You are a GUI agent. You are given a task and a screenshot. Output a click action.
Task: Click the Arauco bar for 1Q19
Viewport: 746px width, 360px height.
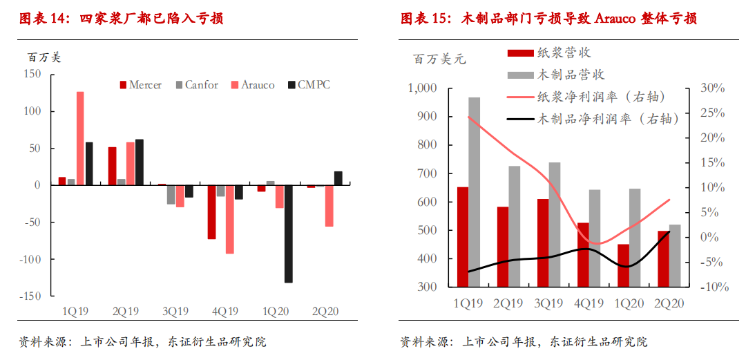[x=80, y=138]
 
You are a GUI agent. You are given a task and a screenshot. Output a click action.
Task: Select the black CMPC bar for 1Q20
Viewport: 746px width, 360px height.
[x=288, y=234]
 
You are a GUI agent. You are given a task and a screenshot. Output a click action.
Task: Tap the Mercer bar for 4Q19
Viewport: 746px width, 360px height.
[x=212, y=212]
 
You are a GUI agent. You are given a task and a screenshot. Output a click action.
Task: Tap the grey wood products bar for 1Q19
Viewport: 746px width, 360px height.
[x=475, y=192]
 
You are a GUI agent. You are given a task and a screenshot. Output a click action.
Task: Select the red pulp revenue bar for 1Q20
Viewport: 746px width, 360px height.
[x=624, y=265]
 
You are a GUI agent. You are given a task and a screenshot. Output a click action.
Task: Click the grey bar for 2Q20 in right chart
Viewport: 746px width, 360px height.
[x=675, y=256]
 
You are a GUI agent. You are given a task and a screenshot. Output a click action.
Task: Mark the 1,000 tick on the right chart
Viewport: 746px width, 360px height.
[x=423, y=88]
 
